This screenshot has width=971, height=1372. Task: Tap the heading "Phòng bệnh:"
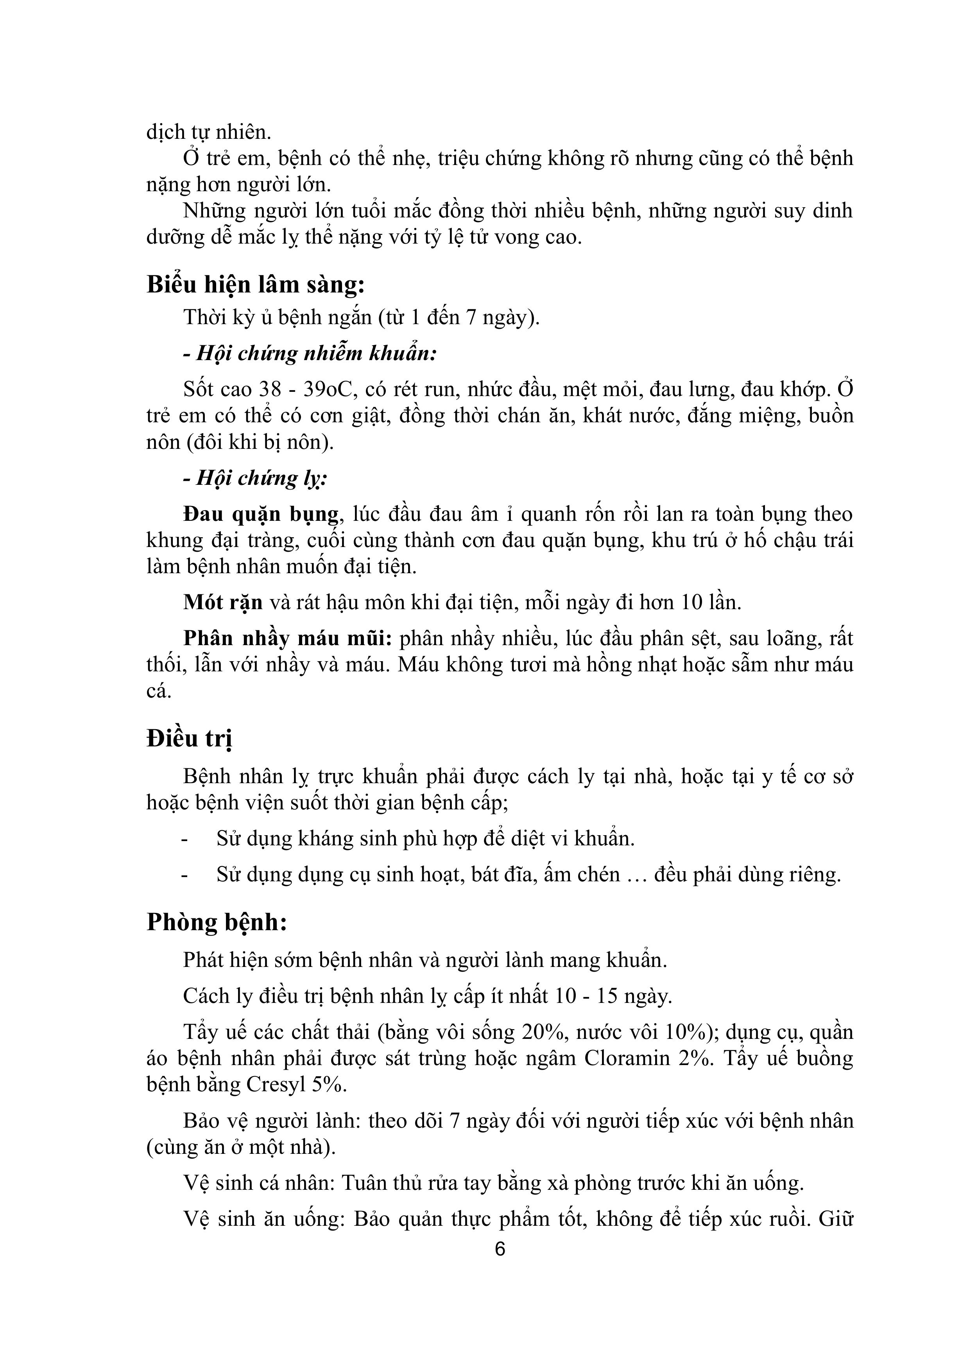pyautogui.click(x=217, y=922)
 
